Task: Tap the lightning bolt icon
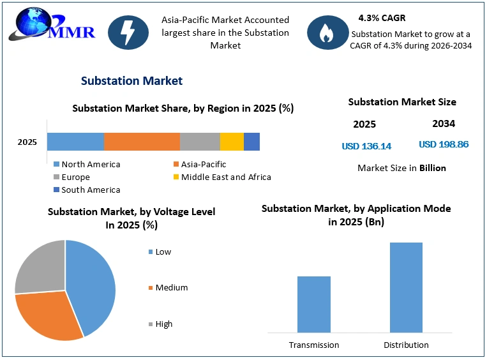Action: [x=128, y=33]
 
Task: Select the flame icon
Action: [x=327, y=33]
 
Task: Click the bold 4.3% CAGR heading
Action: [x=382, y=18]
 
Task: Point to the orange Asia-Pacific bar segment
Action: [x=142, y=142]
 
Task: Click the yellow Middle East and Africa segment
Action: [x=232, y=142]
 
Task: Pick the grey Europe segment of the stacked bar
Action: [x=200, y=142]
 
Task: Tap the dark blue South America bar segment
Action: [x=251, y=142]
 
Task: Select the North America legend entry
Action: [x=87, y=164]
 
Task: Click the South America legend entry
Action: [x=87, y=190]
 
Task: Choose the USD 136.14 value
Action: [x=366, y=146]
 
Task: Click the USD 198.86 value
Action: [x=444, y=144]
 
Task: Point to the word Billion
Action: [x=433, y=168]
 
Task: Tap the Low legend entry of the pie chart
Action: [x=160, y=252]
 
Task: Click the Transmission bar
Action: [x=313, y=304]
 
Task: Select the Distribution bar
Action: [x=406, y=288]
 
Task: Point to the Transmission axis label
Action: [x=314, y=345]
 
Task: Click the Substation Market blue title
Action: [x=131, y=81]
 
